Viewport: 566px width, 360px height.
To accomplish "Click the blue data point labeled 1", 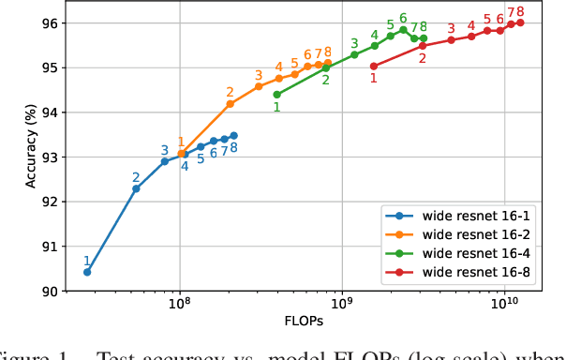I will tap(87, 272).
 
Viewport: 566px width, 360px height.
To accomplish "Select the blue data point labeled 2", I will tap(136, 188).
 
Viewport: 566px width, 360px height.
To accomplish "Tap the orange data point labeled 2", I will tap(231, 104).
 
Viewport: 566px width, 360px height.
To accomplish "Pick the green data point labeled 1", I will tap(276, 94).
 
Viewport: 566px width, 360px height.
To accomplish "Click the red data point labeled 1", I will tap(374, 66).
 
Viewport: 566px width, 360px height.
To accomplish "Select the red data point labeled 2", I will tap(423, 45).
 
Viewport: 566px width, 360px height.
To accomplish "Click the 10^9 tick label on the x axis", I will tap(342, 304).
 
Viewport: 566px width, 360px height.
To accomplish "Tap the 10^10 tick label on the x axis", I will tap(505, 304).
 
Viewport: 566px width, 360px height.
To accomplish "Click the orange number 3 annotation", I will tap(259, 75).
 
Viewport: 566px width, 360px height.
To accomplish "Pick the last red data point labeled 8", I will tap(520, 22).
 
